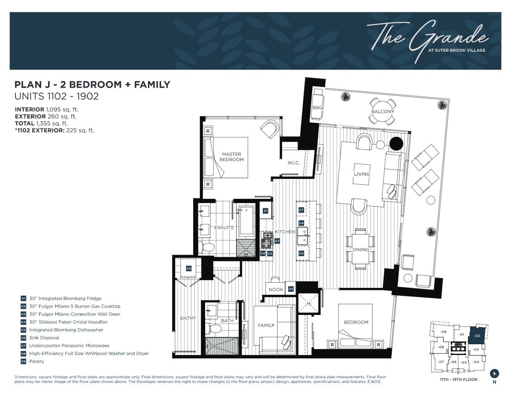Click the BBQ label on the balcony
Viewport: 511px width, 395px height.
point(317,108)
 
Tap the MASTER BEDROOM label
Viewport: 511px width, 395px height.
point(231,157)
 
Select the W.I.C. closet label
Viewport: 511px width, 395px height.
point(294,163)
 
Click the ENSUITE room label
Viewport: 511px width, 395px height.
point(224,227)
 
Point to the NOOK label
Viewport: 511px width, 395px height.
point(276,290)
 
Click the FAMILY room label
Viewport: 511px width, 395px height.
point(266,325)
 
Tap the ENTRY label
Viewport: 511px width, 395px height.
point(188,318)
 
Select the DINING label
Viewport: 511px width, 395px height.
point(360,250)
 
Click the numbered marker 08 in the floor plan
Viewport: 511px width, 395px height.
point(188,268)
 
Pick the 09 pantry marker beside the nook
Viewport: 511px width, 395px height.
point(291,289)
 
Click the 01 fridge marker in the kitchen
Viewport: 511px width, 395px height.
point(265,211)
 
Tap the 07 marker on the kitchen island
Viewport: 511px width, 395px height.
point(301,210)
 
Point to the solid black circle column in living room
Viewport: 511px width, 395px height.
point(396,144)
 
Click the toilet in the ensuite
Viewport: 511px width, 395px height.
point(207,247)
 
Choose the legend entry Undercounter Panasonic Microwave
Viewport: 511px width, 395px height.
point(69,346)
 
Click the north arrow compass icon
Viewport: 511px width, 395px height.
point(495,373)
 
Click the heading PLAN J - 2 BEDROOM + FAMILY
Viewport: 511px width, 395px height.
point(92,84)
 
